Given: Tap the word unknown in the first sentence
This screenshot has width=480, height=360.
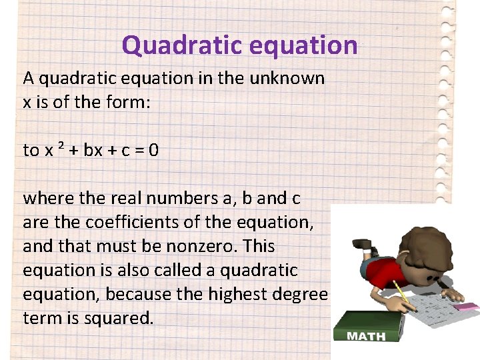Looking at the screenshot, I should (287, 79).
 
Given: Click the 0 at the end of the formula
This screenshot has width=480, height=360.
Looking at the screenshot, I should (153, 150).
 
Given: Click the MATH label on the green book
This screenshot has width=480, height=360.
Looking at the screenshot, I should (366, 337).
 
